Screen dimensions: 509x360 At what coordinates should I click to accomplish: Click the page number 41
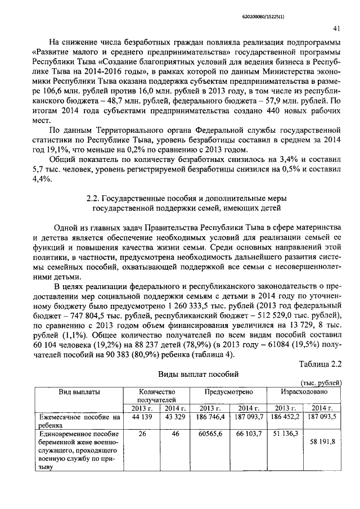(x=335, y=28)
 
